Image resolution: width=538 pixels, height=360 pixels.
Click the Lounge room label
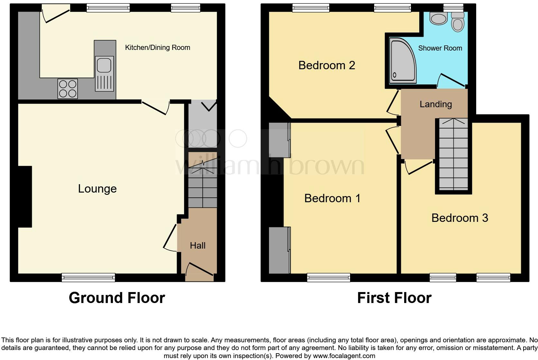click(x=97, y=189)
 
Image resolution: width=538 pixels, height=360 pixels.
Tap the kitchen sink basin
click(x=104, y=64)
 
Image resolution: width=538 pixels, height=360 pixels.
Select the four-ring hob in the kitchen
click(x=68, y=89)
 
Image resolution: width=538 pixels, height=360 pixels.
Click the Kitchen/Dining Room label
click(x=157, y=48)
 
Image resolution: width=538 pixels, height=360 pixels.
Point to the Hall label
click(x=198, y=246)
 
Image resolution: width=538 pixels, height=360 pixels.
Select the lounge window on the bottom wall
click(x=88, y=277)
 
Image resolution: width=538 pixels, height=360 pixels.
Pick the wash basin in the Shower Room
click(x=439, y=19)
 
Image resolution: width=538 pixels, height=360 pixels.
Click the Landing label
click(x=436, y=104)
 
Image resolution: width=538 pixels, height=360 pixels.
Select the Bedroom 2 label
click(x=327, y=65)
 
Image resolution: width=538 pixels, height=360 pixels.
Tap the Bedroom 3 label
click(x=459, y=218)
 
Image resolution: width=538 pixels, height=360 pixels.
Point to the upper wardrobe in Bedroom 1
click(x=278, y=140)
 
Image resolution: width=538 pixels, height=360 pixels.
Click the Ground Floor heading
click(x=117, y=298)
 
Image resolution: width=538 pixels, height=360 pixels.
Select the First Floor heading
click(x=394, y=298)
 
